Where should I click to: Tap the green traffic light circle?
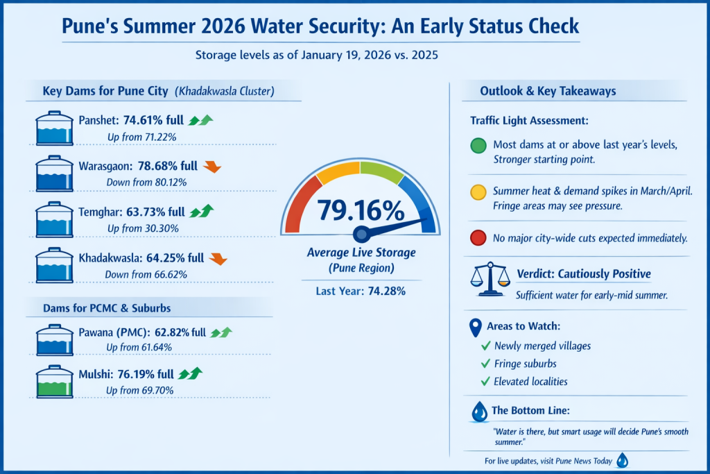(478, 146)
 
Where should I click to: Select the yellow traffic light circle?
(478, 192)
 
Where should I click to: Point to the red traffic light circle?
(478, 239)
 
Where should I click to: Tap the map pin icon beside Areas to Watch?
(476, 327)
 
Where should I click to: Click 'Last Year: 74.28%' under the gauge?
(360, 291)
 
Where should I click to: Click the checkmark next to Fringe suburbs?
(485, 364)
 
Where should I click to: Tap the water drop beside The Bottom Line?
(479, 412)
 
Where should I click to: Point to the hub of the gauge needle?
(360, 233)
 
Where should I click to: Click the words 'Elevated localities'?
(531, 381)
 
